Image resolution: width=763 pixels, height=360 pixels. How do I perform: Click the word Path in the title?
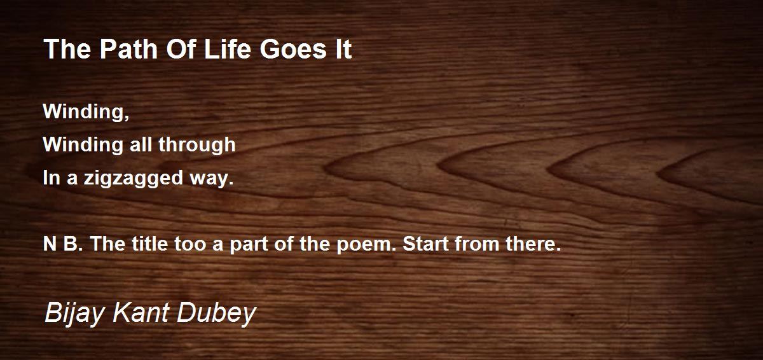click(128, 49)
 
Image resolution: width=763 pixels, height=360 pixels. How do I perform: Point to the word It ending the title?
click(343, 49)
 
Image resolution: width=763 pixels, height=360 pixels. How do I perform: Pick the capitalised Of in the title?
click(181, 49)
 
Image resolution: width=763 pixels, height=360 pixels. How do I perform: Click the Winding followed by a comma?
click(86, 111)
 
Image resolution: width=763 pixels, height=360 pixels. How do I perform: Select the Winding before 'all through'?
click(83, 144)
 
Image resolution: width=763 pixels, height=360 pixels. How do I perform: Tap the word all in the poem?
click(141, 144)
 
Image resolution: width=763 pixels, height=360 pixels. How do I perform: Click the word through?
click(197, 145)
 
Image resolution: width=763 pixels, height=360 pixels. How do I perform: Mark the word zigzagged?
click(134, 178)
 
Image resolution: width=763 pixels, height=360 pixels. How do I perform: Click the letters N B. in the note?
click(63, 244)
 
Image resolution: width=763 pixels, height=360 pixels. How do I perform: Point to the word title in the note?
click(150, 244)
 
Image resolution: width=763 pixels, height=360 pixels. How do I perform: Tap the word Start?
click(425, 244)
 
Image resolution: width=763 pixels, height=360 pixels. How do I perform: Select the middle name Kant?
click(141, 312)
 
